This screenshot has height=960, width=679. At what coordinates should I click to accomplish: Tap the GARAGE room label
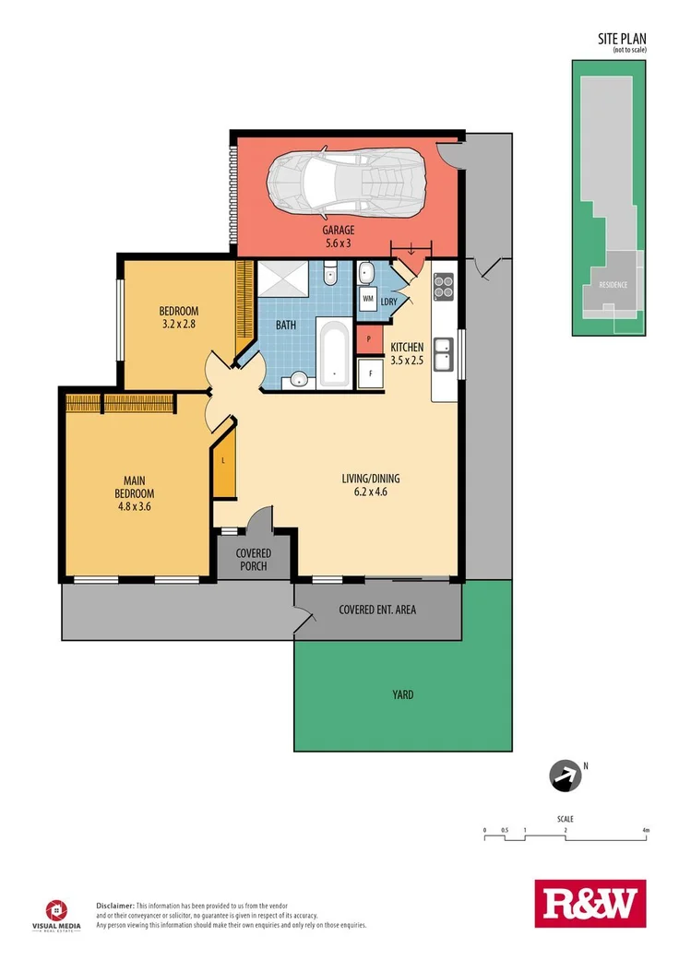(338, 231)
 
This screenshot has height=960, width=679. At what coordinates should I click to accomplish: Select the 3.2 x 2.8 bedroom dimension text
(178, 324)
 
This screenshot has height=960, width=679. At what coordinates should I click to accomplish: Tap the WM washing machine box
(367, 300)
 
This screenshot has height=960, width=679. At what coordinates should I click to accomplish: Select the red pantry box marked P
(369, 339)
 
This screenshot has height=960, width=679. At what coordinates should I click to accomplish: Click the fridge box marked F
(371, 374)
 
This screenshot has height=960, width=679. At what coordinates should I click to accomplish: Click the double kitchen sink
(444, 355)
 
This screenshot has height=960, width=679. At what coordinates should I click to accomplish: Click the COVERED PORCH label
(253, 559)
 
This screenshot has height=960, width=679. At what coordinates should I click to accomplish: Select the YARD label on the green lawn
(402, 694)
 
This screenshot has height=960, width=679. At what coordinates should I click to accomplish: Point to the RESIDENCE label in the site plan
(613, 285)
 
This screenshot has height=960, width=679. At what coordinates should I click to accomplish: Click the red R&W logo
(590, 903)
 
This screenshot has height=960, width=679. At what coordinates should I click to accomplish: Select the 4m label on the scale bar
(646, 831)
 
